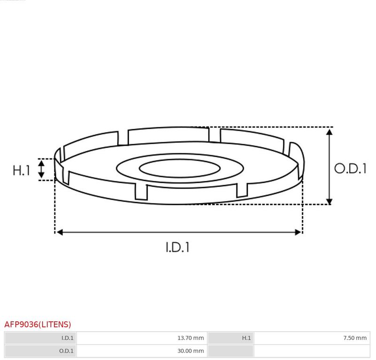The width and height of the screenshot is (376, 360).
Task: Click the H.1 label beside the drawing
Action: pos(21,170)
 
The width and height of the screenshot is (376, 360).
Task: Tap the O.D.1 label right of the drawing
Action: pos(350,168)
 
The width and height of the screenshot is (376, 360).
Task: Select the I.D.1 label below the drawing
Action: pos(178,247)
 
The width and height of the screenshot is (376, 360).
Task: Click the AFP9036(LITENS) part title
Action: pos(38,324)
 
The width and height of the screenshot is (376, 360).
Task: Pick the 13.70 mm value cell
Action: pos(142,338)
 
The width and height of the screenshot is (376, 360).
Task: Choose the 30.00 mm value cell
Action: pos(142,351)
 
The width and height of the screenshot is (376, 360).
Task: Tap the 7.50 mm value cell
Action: pos(312,338)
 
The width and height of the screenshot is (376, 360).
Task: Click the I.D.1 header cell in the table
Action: pos(40,338)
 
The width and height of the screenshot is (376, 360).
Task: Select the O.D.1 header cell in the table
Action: pos(40,351)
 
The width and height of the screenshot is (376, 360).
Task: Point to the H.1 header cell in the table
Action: pos(231,338)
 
